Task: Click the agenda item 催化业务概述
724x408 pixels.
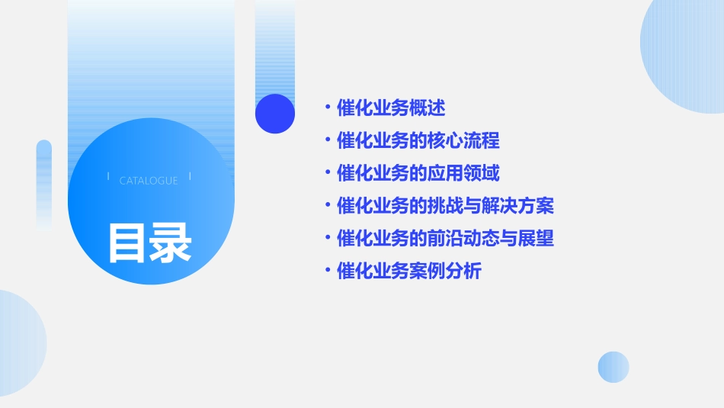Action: (391, 108)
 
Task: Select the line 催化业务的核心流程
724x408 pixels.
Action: (418, 141)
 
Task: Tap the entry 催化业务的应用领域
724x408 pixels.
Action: (418, 173)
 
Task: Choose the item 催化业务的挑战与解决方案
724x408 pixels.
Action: (445, 206)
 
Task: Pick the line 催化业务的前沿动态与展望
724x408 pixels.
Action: (445, 239)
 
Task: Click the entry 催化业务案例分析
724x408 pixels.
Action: (408, 271)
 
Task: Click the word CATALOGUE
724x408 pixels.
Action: (149, 181)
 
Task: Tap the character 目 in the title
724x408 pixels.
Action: (127, 243)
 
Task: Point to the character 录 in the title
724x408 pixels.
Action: (171, 243)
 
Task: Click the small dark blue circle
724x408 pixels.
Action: (275, 114)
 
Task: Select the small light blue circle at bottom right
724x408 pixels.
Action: (613, 367)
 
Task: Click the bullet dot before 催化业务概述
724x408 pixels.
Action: (327, 108)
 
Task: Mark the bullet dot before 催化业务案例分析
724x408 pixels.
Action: (327, 271)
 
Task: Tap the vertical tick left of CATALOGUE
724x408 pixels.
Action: (108, 176)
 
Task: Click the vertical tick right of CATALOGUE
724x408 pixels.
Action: (189, 176)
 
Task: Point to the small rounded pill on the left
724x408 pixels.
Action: (44, 183)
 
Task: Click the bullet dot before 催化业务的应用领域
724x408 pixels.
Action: (327, 173)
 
